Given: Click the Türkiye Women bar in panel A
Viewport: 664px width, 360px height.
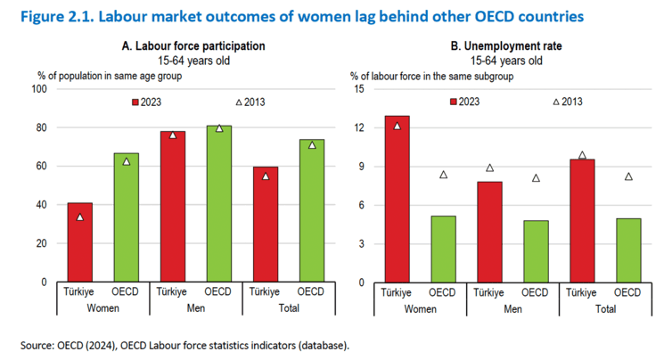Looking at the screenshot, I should coord(78,242).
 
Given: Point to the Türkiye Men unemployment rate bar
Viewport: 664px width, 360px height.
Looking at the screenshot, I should coord(488,232).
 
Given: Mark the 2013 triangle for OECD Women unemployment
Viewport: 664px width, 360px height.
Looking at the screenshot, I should coord(443,175).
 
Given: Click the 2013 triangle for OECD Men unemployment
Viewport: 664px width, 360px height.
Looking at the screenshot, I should coord(535,178).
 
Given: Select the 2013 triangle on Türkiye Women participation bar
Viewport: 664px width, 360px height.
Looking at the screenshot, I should coord(78,217).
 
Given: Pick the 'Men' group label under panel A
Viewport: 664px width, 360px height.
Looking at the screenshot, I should coord(194,308).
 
